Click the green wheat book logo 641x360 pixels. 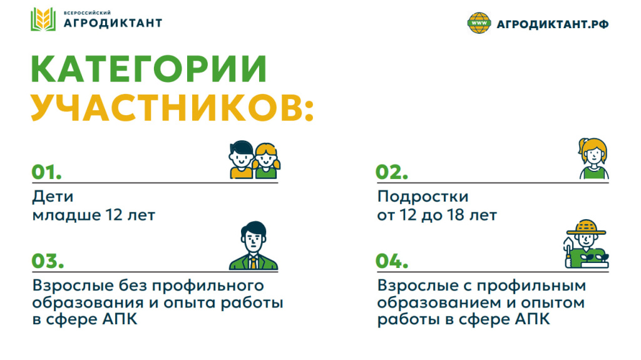43,19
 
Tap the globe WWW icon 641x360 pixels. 479,23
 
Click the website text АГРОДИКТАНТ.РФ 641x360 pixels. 553,24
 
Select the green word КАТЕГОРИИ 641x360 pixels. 149,69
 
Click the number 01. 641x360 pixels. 46,172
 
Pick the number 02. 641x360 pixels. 392,172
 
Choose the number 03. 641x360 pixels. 48,261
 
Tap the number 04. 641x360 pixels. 392,261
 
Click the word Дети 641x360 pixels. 53,197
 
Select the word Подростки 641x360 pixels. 423,197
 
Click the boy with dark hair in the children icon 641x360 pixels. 241,160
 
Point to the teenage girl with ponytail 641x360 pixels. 593,159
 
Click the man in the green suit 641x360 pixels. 254,245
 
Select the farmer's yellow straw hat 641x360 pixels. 585,227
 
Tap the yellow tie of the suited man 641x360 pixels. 254,262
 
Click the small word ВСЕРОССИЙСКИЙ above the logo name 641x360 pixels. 87,13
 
